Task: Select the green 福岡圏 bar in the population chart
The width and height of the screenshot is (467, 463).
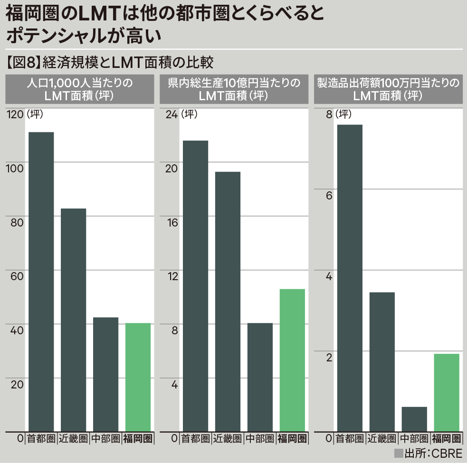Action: tap(138, 377)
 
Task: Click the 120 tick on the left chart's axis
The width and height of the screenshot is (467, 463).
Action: tap(14, 114)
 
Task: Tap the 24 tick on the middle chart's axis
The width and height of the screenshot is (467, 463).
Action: tap(171, 114)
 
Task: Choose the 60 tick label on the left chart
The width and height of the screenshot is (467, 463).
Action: tap(16, 276)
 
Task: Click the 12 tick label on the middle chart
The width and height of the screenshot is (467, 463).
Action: tap(171, 276)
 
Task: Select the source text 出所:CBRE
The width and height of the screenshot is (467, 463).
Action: tap(433, 454)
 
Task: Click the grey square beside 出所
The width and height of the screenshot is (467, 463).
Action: tap(398, 454)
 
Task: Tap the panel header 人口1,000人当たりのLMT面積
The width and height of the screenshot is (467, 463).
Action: tap(80, 89)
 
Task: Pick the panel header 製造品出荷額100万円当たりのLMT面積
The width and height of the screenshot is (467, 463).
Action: tap(388, 89)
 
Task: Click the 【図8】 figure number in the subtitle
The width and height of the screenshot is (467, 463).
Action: tap(23, 62)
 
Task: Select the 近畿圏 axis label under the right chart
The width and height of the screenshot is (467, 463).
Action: tap(382, 438)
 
